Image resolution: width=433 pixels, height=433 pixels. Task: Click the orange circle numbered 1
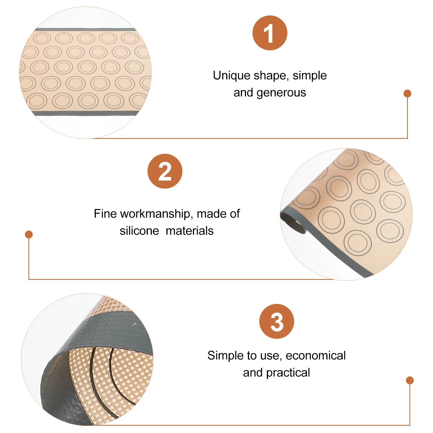(x=270, y=33)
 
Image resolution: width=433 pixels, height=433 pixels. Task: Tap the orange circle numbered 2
(x=165, y=171)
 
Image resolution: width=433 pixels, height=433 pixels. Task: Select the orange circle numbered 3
(x=276, y=321)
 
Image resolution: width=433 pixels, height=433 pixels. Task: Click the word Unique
(x=231, y=76)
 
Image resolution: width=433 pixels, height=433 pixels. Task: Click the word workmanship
(x=155, y=214)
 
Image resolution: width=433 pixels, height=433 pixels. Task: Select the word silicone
(x=139, y=231)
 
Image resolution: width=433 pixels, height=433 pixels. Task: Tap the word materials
(x=189, y=231)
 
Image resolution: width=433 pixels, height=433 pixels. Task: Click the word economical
(x=316, y=356)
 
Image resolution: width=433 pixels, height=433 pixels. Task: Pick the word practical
(x=288, y=373)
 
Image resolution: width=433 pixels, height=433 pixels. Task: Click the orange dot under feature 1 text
(x=407, y=93)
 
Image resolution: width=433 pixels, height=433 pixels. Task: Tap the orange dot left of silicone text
(x=29, y=234)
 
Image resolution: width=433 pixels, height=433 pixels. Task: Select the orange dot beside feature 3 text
(x=410, y=380)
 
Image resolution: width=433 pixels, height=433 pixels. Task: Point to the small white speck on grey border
(x=134, y=324)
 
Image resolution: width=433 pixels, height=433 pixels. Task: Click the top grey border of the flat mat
(x=85, y=29)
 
